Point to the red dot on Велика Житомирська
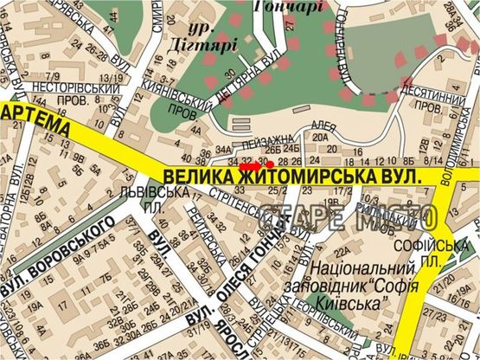[270, 163]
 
